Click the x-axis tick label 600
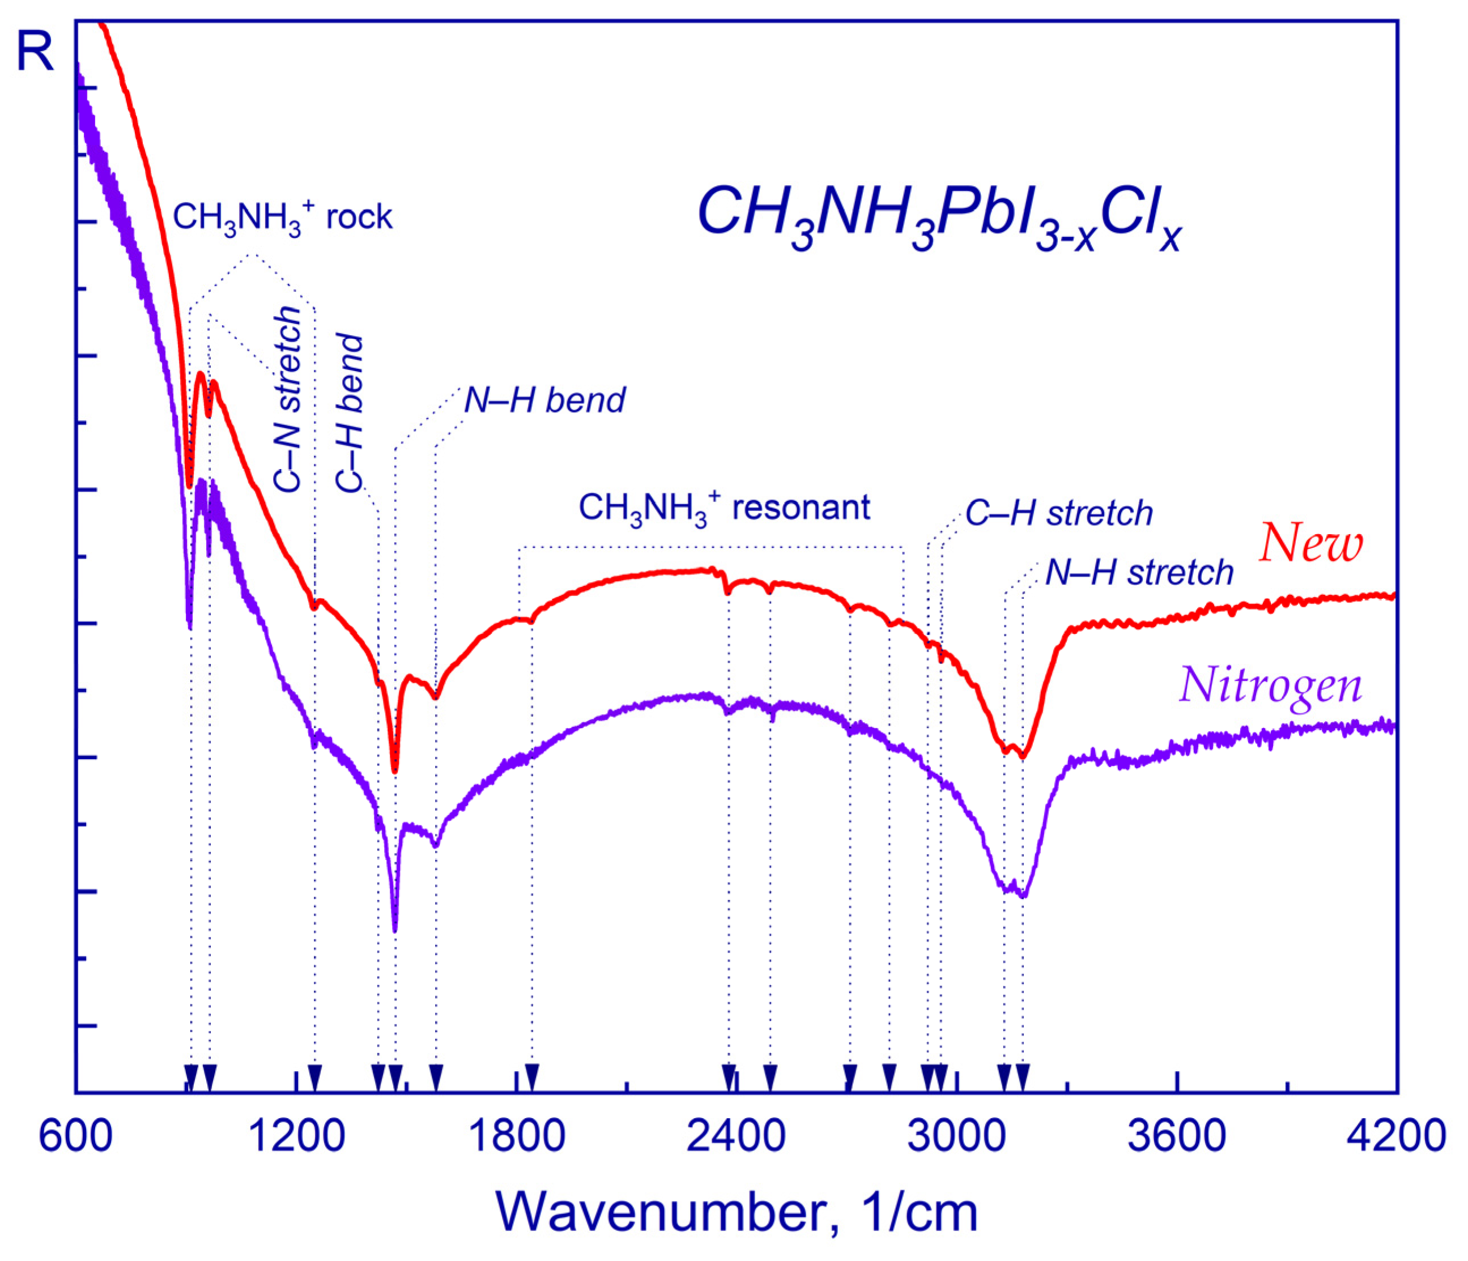pyautogui.click(x=75, y=1136)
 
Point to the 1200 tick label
pyautogui.click(x=297, y=1136)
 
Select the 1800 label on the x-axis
pyautogui.click(x=517, y=1136)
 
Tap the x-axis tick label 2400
pyautogui.click(x=736, y=1136)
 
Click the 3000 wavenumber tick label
pyautogui.click(x=957, y=1136)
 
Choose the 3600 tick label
pyautogui.click(x=1177, y=1136)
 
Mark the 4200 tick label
pyautogui.click(x=1395, y=1136)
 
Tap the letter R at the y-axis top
pyautogui.click(x=34, y=53)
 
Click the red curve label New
pyautogui.click(x=1310, y=544)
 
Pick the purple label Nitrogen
pyautogui.click(x=1270, y=686)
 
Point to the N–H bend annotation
pyautogui.click(x=544, y=401)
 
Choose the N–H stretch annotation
pyautogui.click(x=1139, y=572)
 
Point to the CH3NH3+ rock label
pyautogui.click(x=282, y=217)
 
